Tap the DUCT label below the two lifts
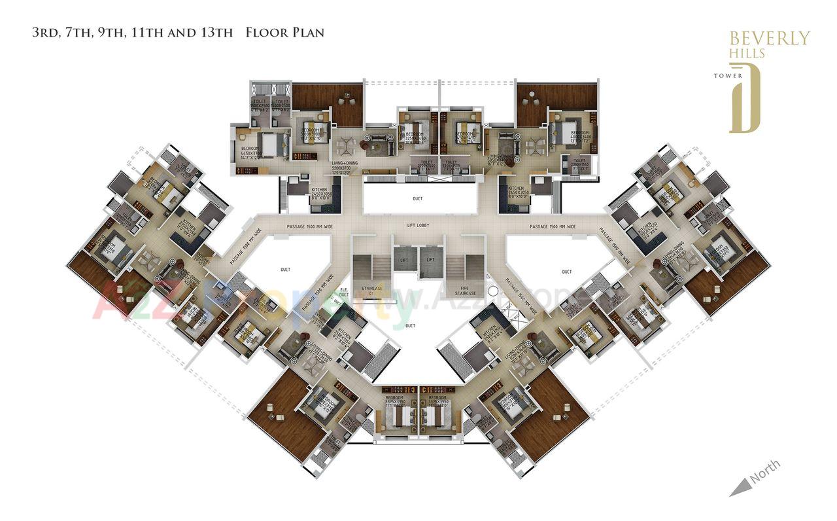[x=410, y=325]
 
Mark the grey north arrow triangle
[x=739, y=486]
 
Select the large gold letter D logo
[x=745, y=98]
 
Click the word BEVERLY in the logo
[x=769, y=38]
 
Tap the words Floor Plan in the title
[x=284, y=32]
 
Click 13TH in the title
[x=216, y=32]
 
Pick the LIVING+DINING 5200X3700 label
[x=345, y=168]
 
